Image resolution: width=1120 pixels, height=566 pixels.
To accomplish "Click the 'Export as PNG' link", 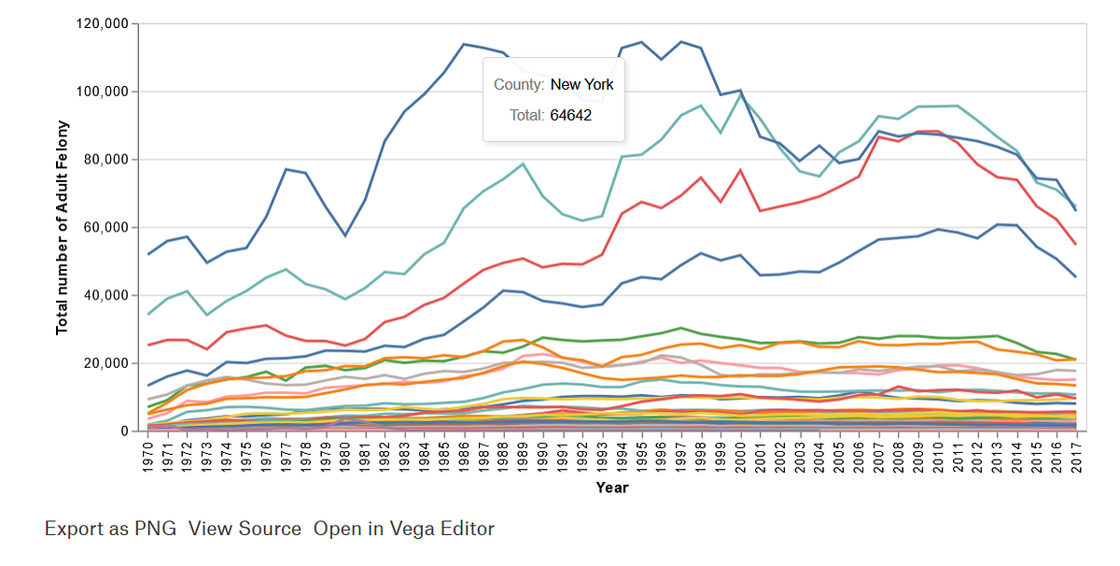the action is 110,529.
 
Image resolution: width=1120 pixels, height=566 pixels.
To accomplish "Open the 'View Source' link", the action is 245,529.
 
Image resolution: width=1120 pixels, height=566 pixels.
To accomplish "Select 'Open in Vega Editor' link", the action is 404,529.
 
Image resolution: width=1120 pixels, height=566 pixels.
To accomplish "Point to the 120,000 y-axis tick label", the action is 102,23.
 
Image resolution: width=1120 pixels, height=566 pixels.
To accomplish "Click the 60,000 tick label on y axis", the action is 106,227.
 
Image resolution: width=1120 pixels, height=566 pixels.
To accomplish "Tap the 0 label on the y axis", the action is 124,431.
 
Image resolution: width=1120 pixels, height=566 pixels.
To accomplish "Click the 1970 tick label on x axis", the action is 148,458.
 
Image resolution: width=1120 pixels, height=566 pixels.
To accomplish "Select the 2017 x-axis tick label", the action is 1076,458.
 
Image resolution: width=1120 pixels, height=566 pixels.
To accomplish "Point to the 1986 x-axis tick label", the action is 464,458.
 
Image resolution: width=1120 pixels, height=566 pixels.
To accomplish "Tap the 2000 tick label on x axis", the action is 740,458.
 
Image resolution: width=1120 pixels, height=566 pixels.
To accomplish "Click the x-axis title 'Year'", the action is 612,488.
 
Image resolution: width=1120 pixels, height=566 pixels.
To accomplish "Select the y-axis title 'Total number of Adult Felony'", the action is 62,228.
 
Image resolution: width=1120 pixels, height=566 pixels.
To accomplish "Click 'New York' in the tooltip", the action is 582,85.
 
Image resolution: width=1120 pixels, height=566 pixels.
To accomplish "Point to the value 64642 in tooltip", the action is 571,116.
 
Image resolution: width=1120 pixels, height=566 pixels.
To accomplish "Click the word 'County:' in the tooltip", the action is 519,85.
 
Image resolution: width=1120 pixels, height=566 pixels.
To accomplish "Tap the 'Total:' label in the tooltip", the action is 527,116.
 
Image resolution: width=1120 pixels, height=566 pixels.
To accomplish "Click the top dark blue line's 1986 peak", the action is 464,44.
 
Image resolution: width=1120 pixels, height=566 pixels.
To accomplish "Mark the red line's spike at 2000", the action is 740,170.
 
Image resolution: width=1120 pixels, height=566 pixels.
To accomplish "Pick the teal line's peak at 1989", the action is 523,163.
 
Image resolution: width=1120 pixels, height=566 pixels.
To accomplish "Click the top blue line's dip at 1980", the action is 345,235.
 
